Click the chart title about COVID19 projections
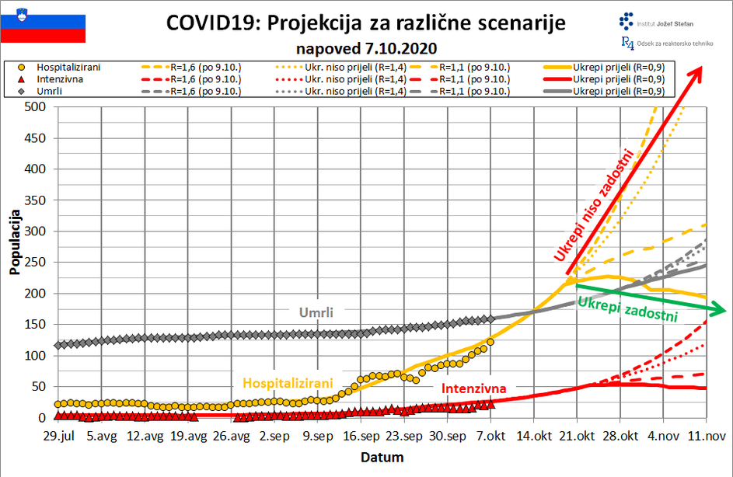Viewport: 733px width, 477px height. point(366,23)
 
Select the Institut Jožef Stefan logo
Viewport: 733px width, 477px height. point(656,21)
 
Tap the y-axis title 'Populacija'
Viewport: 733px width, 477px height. point(15,241)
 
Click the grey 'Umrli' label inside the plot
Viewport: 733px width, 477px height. point(316,313)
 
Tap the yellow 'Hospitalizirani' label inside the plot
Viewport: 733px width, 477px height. point(288,383)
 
